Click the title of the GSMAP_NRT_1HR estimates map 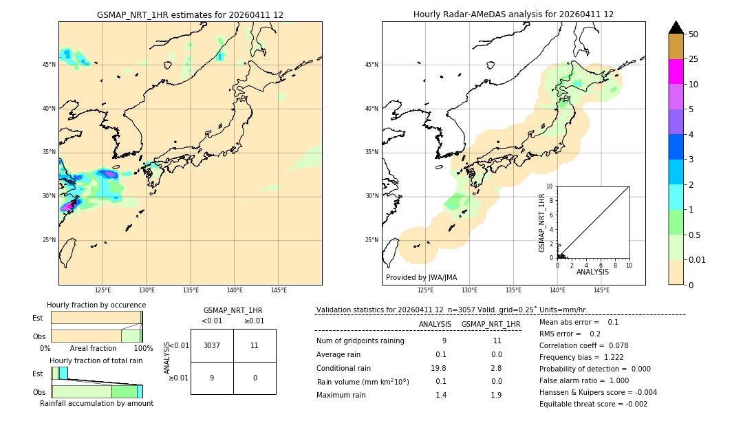(190, 14)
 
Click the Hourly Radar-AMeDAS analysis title (513, 14)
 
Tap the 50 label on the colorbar (693, 34)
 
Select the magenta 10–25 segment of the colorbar (676, 72)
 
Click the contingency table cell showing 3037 (212, 345)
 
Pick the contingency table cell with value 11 (255, 345)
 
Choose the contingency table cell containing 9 (212, 378)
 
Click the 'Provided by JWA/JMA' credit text (421, 277)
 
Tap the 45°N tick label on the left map (49, 65)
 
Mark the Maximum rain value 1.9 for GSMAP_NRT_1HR (497, 395)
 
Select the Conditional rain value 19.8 (439, 368)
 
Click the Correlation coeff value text (583, 345)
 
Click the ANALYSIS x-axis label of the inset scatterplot (592, 272)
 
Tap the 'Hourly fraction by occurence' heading (96, 305)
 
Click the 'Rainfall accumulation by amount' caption (96, 403)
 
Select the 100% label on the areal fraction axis (143, 348)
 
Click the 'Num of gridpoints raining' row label (360, 341)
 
